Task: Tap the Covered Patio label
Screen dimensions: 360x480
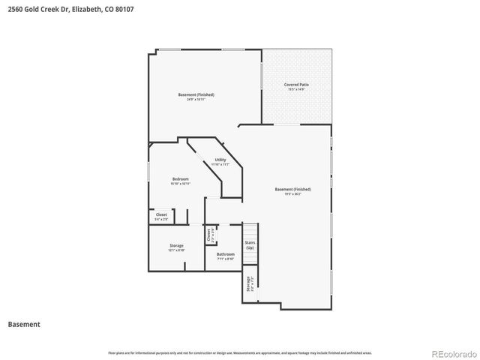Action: (296, 85)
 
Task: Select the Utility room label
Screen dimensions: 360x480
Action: (220, 160)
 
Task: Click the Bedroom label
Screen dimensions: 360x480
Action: (180, 178)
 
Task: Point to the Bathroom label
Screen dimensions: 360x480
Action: (226, 254)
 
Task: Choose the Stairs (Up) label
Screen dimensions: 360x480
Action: (250, 244)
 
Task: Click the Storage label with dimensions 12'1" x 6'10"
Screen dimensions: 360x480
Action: (176, 246)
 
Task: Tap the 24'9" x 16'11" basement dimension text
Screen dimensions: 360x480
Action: (196, 99)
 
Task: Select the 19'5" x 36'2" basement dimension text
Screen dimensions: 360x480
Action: (292, 193)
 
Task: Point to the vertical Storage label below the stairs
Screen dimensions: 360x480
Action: (247, 284)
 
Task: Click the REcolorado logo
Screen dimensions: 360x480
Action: (451, 352)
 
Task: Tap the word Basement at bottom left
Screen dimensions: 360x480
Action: (24, 325)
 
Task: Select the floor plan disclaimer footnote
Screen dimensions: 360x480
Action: (239, 352)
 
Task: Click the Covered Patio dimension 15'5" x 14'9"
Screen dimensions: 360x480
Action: (296, 89)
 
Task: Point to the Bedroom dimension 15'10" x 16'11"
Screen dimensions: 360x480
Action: (180, 183)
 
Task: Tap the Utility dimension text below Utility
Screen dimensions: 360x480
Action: (220, 164)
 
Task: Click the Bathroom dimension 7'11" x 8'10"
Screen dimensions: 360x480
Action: (226, 259)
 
